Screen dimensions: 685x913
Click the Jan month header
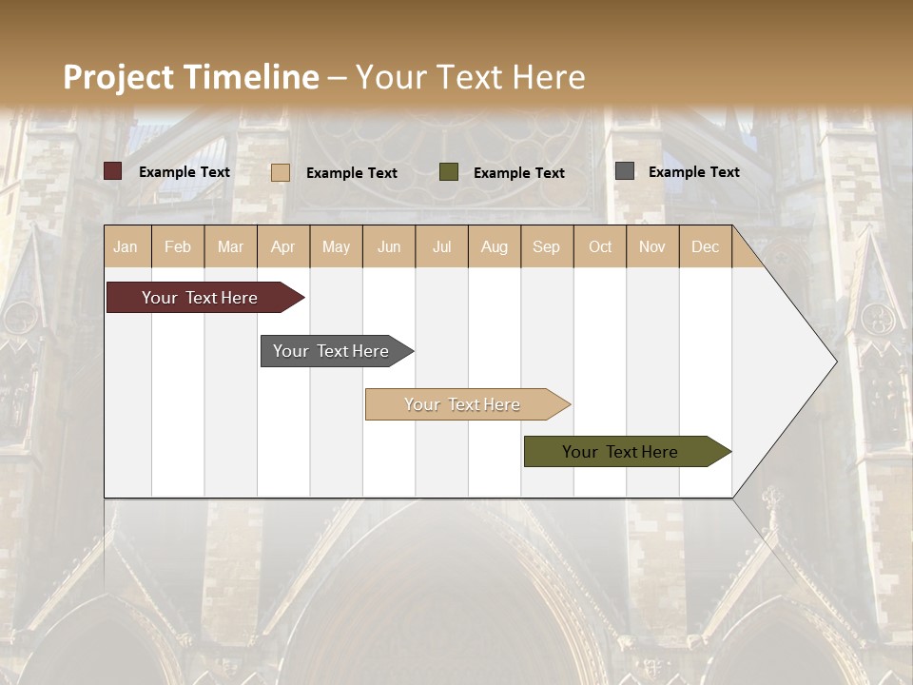click(x=126, y=246)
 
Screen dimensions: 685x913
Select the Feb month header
click(x=178, y=246)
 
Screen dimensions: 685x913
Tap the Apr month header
click(x=283, y=246)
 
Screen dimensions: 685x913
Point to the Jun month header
click(x=389, y=246)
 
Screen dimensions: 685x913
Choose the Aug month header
click(x=495, y=246)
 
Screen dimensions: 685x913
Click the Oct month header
click(x=600, y=246)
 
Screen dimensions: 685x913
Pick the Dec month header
click(x=706, y=246)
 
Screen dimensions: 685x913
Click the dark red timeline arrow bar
click(x=200, y=298)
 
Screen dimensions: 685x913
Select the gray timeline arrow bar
click(x=331, y=351)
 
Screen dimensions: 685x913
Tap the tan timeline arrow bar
click(x=462, y=404)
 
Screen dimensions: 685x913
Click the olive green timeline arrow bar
click(x=620, y=452)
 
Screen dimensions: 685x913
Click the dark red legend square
click(x=113, y=171)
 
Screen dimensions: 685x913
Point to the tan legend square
click(x=281, y=172)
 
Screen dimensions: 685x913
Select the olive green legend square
click(x=449, y=172)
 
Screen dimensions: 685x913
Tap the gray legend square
click(x=625, y=171)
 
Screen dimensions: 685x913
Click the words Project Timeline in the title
click(x=190, y=77)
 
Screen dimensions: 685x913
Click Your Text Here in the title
click(x=471, y=77)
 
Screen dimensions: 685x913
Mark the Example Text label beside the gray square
click(x=693, y=171)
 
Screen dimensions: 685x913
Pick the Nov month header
click(x=652, y=246)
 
